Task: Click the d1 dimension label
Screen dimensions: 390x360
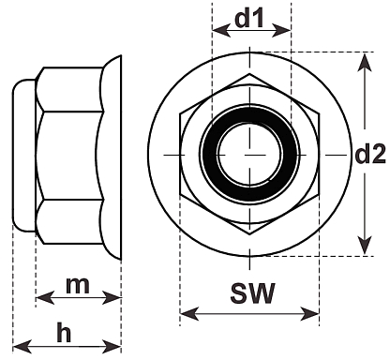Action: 249,18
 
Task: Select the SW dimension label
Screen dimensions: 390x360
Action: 253,293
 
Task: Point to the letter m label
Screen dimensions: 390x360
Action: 78,285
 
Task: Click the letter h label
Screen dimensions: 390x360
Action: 64,332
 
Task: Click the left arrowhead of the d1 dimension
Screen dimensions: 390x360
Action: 221,30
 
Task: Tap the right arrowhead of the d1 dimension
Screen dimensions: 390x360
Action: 282,30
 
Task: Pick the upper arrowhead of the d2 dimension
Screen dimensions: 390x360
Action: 365,64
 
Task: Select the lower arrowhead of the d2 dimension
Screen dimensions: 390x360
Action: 365,246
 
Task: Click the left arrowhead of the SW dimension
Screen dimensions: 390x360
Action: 189,313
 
